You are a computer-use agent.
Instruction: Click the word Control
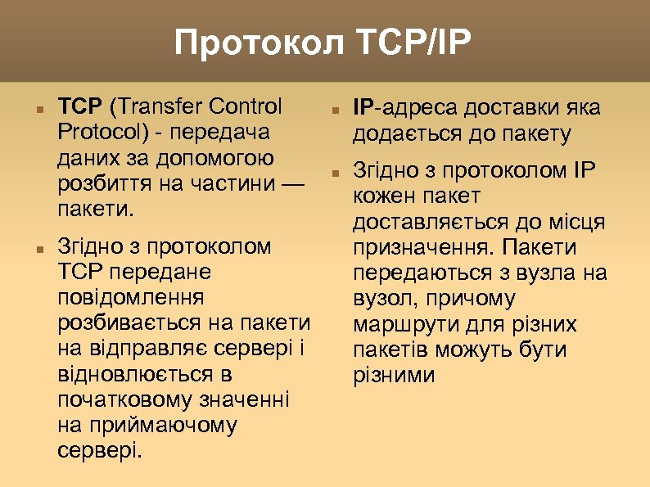pos(246,106)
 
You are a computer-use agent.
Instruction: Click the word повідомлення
pos(132,297)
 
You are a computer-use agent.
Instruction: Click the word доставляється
pos(432,222)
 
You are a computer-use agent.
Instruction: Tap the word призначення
pos(424,248)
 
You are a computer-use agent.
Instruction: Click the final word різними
pos(394,375)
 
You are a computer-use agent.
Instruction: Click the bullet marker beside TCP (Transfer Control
pos(29,108)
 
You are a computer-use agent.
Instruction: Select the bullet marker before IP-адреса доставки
pos(335,108)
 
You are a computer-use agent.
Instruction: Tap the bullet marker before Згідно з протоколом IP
pos(335,172)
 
